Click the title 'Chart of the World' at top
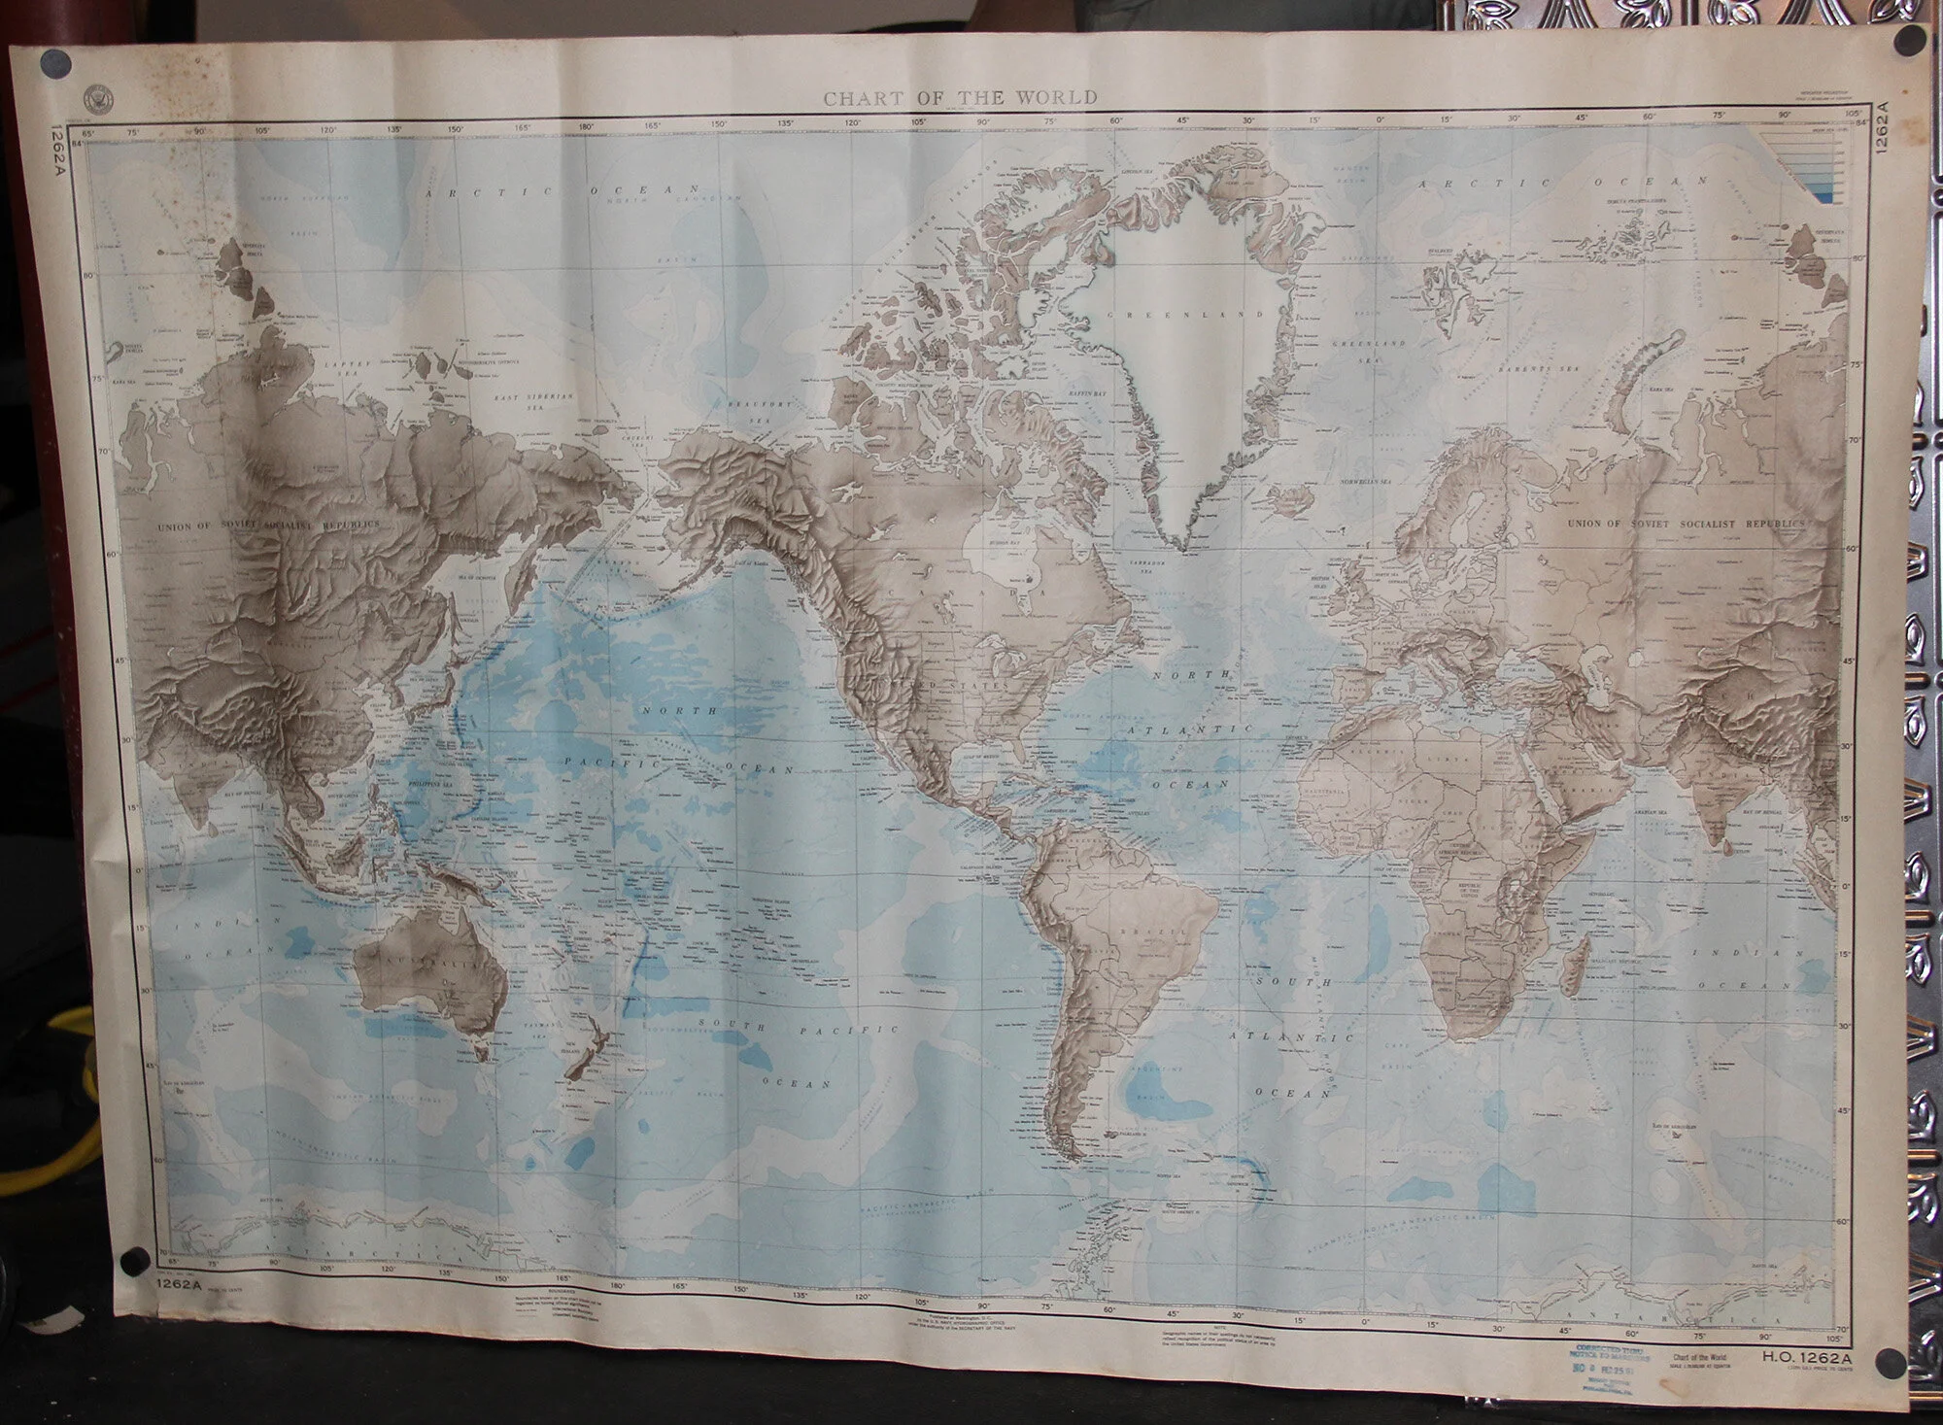pyautogui.click(x=960, y=97)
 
